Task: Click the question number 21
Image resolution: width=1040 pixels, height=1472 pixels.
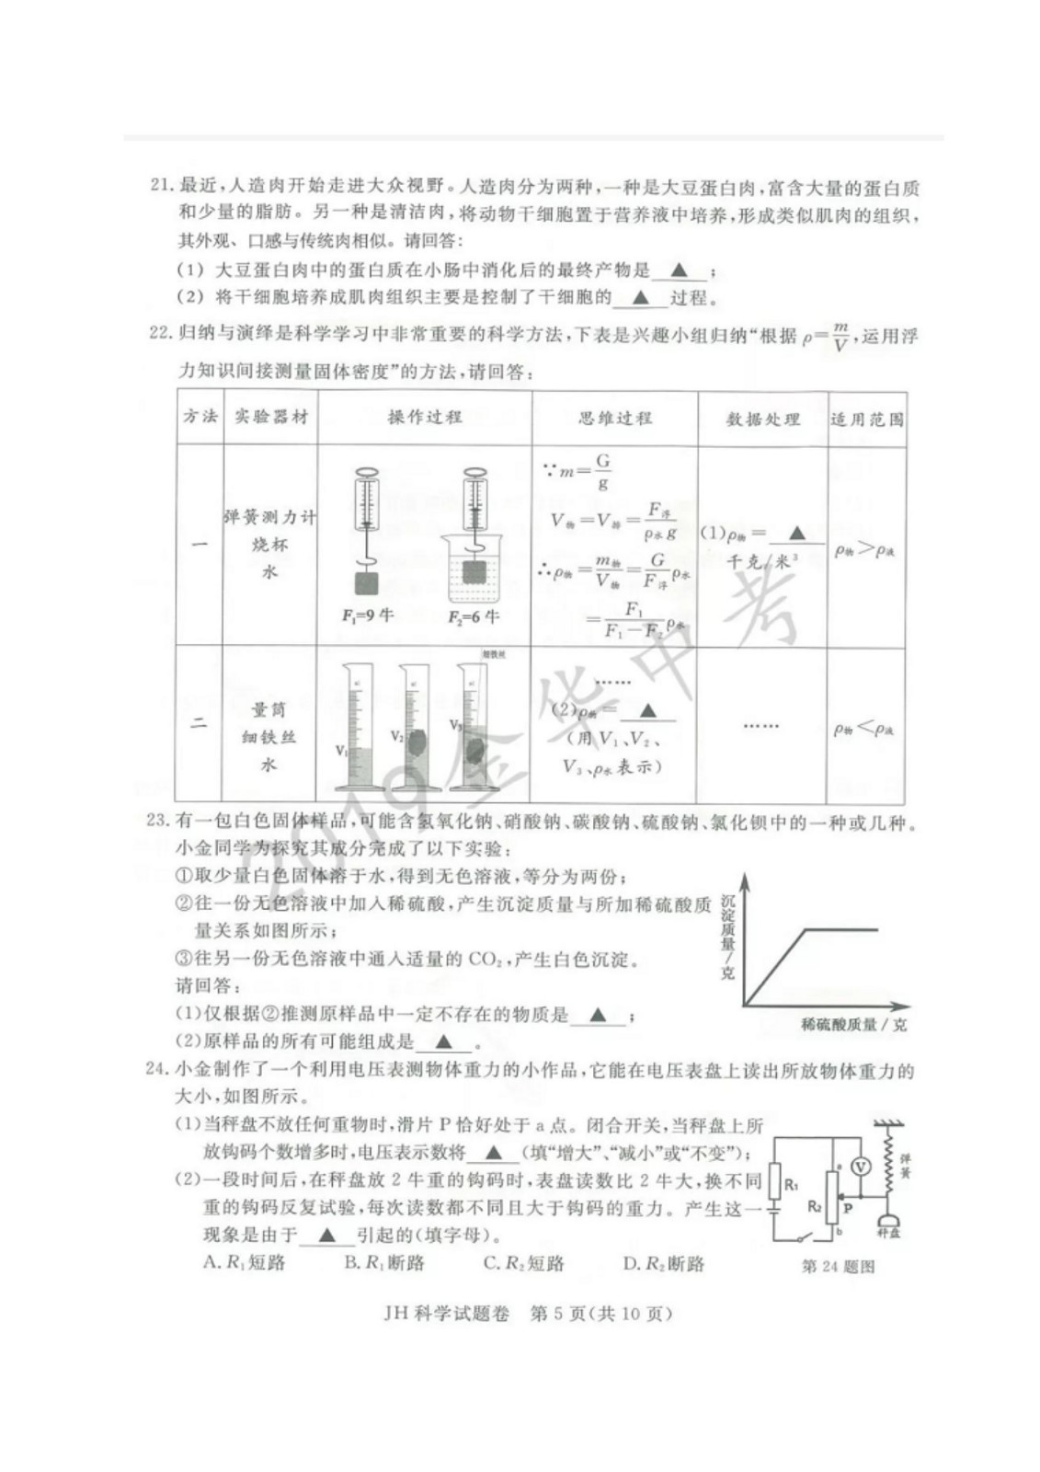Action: click(161, 188)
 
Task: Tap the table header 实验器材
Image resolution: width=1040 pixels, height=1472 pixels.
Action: click(270, 417)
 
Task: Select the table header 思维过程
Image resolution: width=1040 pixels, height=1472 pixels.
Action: click(614, 418)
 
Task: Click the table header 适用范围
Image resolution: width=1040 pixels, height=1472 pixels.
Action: click(866, 420)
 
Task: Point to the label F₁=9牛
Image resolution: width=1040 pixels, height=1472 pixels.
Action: click(367, 615)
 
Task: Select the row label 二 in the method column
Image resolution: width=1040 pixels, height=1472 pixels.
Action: click(199, 723)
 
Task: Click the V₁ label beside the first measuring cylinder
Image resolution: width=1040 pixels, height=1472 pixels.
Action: click(341, 751)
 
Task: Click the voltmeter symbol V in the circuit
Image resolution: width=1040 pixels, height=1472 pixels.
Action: click(860, 1166)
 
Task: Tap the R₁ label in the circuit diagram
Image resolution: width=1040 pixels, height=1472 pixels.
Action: click(791, 1185)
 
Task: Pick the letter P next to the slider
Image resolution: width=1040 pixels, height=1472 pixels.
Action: click(848, 1208)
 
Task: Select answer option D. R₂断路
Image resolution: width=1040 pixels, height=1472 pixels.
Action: click(663, 1263)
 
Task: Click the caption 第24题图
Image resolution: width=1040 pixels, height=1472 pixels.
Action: click(838, 1267)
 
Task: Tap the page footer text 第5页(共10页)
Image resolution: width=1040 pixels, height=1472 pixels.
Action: click(601, 1314)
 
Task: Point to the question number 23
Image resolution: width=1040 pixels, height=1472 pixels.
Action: click(159, 821)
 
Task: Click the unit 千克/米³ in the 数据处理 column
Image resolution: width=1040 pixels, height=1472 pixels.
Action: click(762, 561)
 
